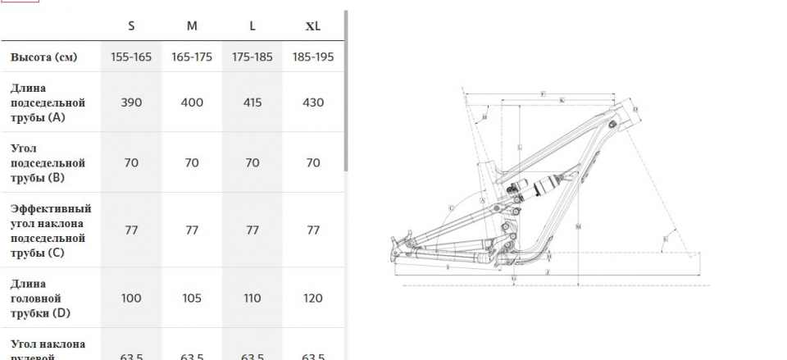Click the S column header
tap(131, 25)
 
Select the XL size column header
tap(313, 25)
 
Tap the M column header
tap(192, 25)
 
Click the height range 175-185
tap(252, 57)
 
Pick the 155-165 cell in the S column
tap(131, 57)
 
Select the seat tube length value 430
tap(313, 103)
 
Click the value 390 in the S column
tap(131, 103)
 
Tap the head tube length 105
tap(192, 298)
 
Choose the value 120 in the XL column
tap(313, 298)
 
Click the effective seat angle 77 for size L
tap(252, 230)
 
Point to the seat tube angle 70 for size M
tap(192, 163)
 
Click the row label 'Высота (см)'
tap(43, 57)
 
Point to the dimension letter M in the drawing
tap(578, 226)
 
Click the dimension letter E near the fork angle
tap(665, 239)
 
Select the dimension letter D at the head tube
tap(635, 108)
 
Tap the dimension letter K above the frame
tap(562, 100)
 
